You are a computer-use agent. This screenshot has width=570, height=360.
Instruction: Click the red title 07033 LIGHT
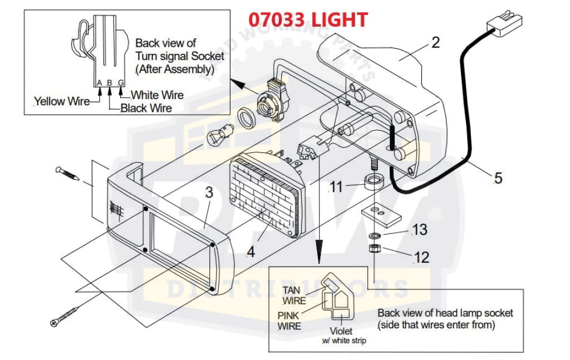pos(308,20)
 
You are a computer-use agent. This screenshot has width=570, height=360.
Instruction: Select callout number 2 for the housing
pos(436,43)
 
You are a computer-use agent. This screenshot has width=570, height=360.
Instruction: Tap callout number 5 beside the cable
pos(498,178)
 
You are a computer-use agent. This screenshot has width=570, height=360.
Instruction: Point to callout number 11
pos(336,187)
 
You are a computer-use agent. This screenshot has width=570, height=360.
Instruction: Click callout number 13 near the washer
pos(420,229)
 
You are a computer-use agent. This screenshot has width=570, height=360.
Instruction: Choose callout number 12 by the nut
pos(421,257)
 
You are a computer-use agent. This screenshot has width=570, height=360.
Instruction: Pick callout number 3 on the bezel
pos(209,193)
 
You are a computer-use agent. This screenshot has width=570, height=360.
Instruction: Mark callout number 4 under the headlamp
pos(250,251)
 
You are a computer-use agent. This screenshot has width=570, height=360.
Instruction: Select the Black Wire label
pos(146,108)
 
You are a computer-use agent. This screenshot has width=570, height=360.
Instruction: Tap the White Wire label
pos(157,95)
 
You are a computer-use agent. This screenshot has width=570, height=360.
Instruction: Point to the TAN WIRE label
pos(293,295)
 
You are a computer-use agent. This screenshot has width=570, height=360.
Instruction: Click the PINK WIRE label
pos(289,320)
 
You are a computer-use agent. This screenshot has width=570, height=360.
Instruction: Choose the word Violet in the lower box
pos(341,331)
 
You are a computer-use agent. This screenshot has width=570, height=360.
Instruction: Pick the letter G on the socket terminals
pos(120,83)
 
